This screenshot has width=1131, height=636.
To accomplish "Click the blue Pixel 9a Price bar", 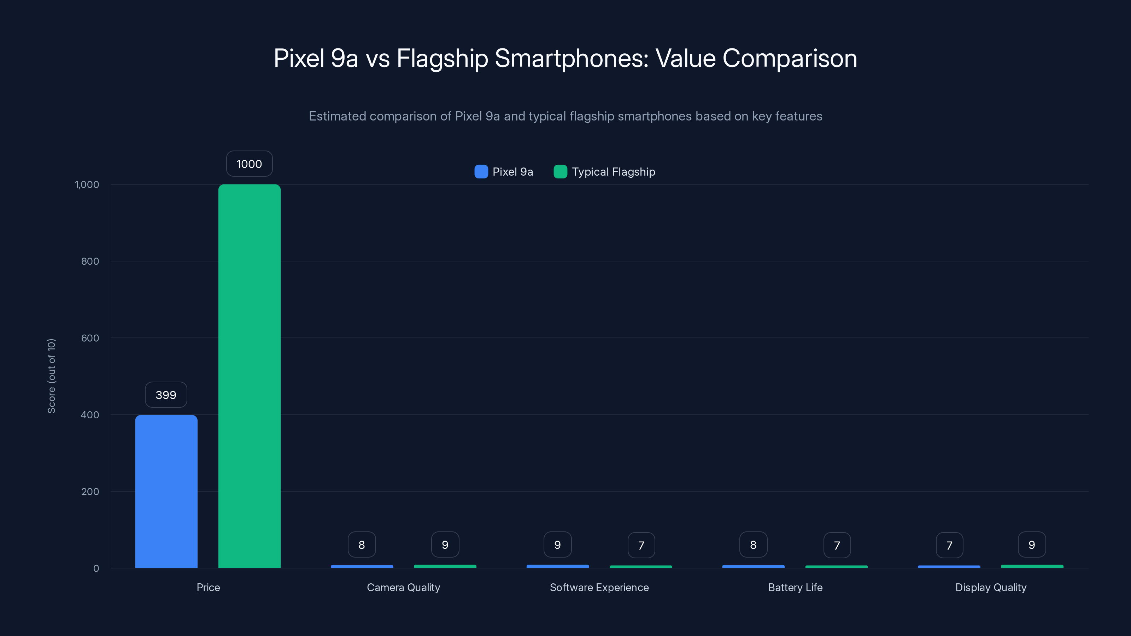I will coord(166,491).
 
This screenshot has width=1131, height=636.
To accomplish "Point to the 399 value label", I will coord(166,395).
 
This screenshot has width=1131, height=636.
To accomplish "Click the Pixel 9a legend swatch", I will coord(481,172).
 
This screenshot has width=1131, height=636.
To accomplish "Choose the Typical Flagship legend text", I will coord(613,172).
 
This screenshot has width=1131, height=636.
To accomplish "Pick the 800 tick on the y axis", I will coord(90,261).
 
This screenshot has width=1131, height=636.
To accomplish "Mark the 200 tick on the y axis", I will coord(90,491).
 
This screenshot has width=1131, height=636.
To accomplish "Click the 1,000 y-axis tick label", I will coord(87,184).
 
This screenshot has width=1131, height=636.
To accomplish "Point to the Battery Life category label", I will coord(795,587).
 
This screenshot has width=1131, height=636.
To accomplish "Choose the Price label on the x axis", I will coord(208,587).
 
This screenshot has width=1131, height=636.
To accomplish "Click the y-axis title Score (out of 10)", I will coord(51,376).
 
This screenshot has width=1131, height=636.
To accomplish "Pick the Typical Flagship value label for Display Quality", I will coord(1032,545).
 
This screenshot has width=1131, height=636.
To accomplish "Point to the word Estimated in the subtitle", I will coord(337,116).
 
